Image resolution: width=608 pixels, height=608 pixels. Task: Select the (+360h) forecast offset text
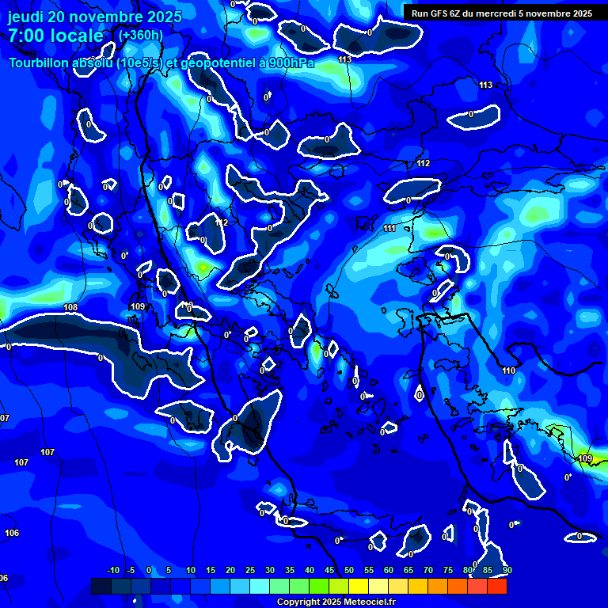141,35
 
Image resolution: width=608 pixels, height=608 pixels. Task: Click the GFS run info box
501,13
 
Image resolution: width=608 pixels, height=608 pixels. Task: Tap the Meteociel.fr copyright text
336,602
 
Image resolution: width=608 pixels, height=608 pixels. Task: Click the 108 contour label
70,307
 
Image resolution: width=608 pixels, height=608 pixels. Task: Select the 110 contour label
508,370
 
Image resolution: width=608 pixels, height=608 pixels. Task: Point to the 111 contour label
389,229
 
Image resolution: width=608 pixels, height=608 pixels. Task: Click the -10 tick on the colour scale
113,570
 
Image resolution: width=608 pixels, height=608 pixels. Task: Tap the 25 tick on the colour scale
250,570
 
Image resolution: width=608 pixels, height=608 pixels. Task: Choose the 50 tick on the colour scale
349,570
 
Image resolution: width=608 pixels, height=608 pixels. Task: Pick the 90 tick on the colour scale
507,570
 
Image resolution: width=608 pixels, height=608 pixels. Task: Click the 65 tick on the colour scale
408,570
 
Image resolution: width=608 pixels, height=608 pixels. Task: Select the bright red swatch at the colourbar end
497,586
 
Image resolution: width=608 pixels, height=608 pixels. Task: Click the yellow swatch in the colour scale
359,586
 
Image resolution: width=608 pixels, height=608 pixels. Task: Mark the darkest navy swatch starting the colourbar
101,586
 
